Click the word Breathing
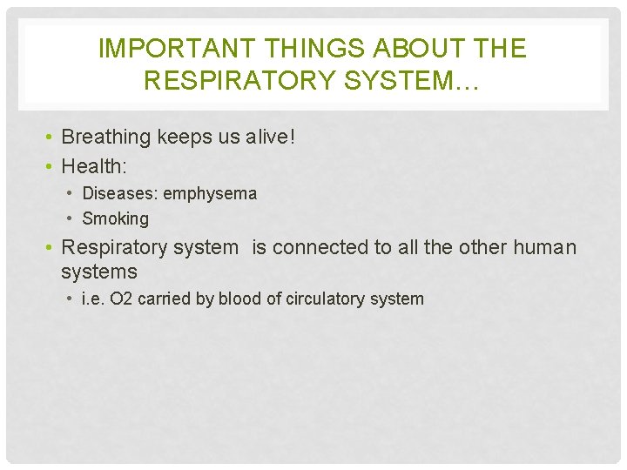tap(105, 137)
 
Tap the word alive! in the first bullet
tap(269, 137)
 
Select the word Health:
tap(94, 164)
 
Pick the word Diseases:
tap(119, 193)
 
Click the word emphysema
tap(210, 193)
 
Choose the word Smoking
tap(115, 218)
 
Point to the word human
tap(544, 247)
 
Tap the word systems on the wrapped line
tap(98, 272)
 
